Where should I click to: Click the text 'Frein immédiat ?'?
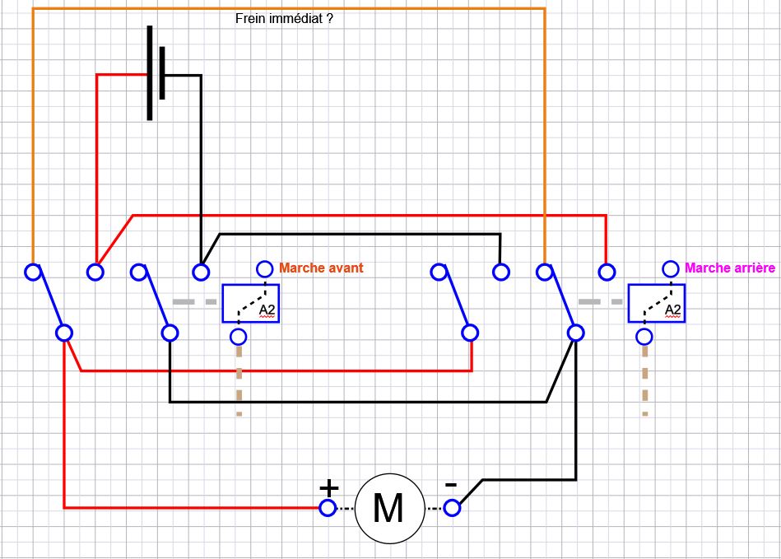pos(284,17)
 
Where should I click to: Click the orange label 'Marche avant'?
pos(321,268)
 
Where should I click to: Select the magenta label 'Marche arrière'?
pos(729,268)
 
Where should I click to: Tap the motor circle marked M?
pos(388,508)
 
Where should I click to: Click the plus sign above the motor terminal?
pos(328,487)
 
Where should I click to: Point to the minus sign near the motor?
pos(451,486)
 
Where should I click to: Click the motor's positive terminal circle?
pos(328,508)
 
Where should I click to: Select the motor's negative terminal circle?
pos(453,508)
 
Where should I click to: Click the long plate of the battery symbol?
pos(150,72)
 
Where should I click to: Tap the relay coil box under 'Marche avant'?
pos(250,304)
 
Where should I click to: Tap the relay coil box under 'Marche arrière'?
pos(656,304)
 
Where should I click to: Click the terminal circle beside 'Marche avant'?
pos(265,268)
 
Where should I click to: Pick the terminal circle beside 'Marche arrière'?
pos(671,268)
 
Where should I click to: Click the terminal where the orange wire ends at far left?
pos(32,271)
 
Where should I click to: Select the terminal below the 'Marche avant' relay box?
pos(239,336)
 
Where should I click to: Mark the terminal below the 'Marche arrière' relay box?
pos(644,336)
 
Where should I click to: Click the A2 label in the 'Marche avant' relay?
pos(267,310)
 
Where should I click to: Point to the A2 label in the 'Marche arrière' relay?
pos(672,310)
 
